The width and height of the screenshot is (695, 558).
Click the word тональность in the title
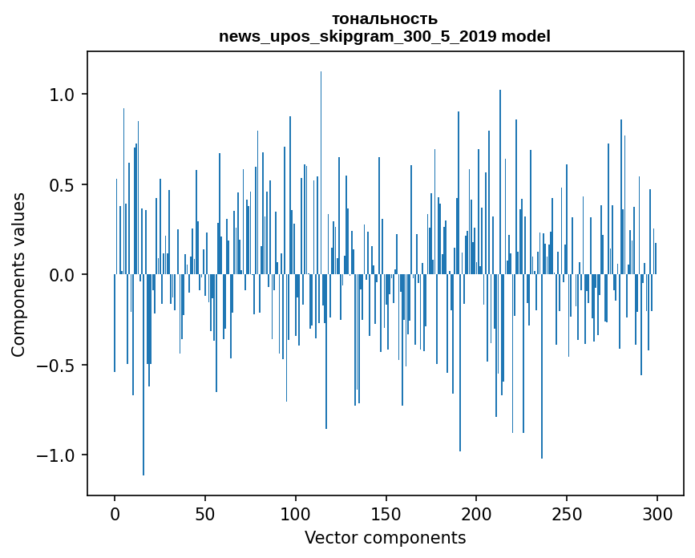[385, 19]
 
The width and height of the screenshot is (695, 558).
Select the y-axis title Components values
[18, 274]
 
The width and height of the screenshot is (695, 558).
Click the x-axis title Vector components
[385, 538]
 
